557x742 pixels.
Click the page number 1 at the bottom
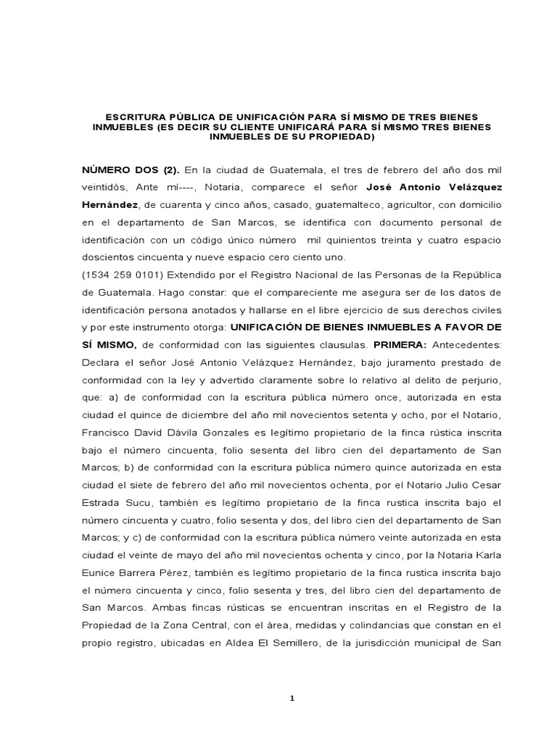coord(291,698)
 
